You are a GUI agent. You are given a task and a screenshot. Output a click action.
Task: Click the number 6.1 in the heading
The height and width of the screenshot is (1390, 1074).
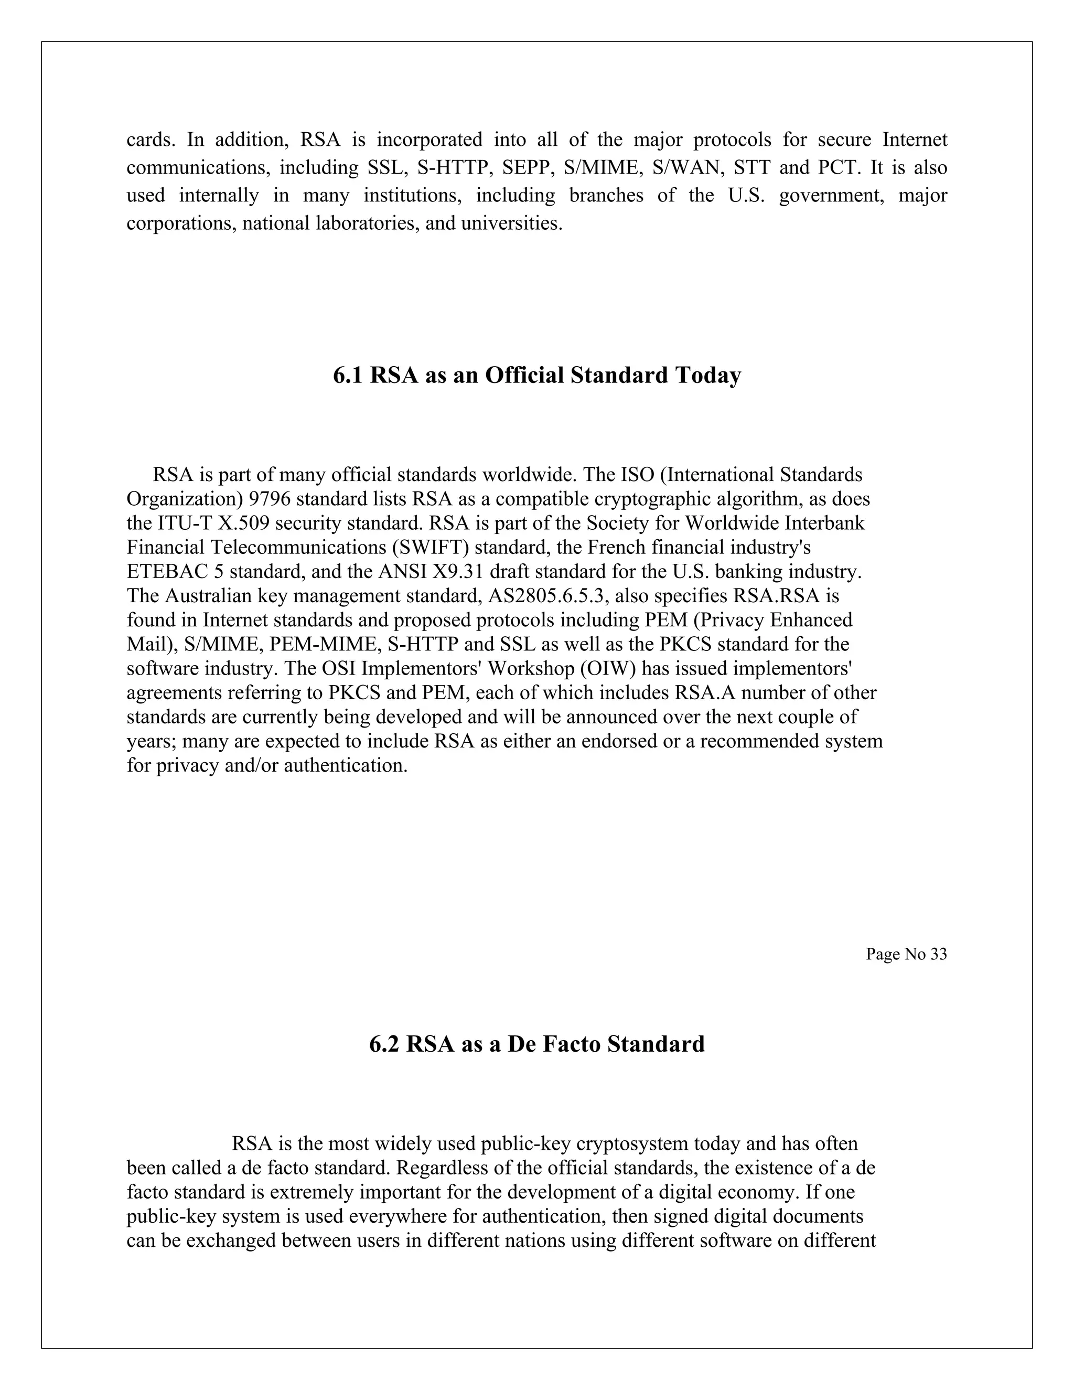pos(347,376)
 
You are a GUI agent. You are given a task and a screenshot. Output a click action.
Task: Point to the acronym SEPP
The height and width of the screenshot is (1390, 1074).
pos(525,167)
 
